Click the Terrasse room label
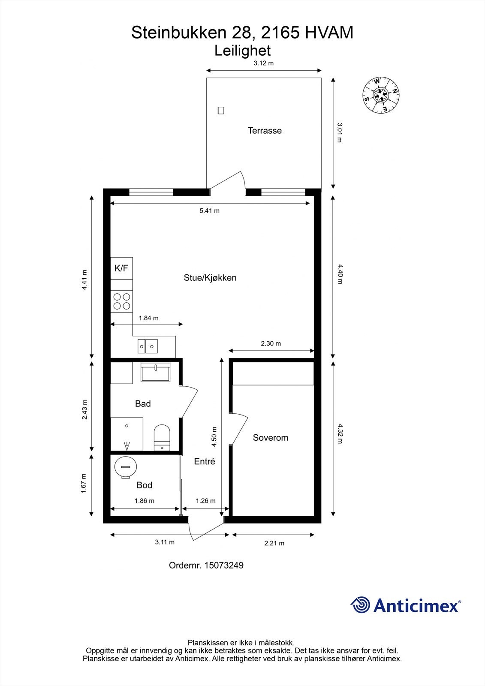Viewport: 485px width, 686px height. (x=265, y=131)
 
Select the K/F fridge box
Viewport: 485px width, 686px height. (x=121, y=268)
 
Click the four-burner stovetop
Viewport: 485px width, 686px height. (x=121, y=301)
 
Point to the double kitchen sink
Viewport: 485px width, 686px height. (x=148, y=346)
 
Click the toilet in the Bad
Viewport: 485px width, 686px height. (x=162, y=437)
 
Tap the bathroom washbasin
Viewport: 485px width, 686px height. (x=155, y=372)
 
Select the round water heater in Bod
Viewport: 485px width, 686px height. (x=126, y=466)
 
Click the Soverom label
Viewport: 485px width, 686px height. (x=270, y=438)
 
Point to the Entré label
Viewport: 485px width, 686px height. (x=205, y=461)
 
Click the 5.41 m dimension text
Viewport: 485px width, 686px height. (x=209, y=211)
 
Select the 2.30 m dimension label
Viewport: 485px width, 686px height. (x=271, y=343)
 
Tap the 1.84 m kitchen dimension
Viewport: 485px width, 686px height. (x=148, y=318)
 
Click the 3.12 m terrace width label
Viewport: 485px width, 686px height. (x=263, y=63)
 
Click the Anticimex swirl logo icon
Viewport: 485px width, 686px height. (x=360, y=605)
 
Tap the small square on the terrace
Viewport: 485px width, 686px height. (x=221, y=111)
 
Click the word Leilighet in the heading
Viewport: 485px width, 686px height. (x=242, y=51)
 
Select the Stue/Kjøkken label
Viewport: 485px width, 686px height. (x=210, y=278)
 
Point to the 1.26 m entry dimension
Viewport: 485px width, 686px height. (x=205, y=501)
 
